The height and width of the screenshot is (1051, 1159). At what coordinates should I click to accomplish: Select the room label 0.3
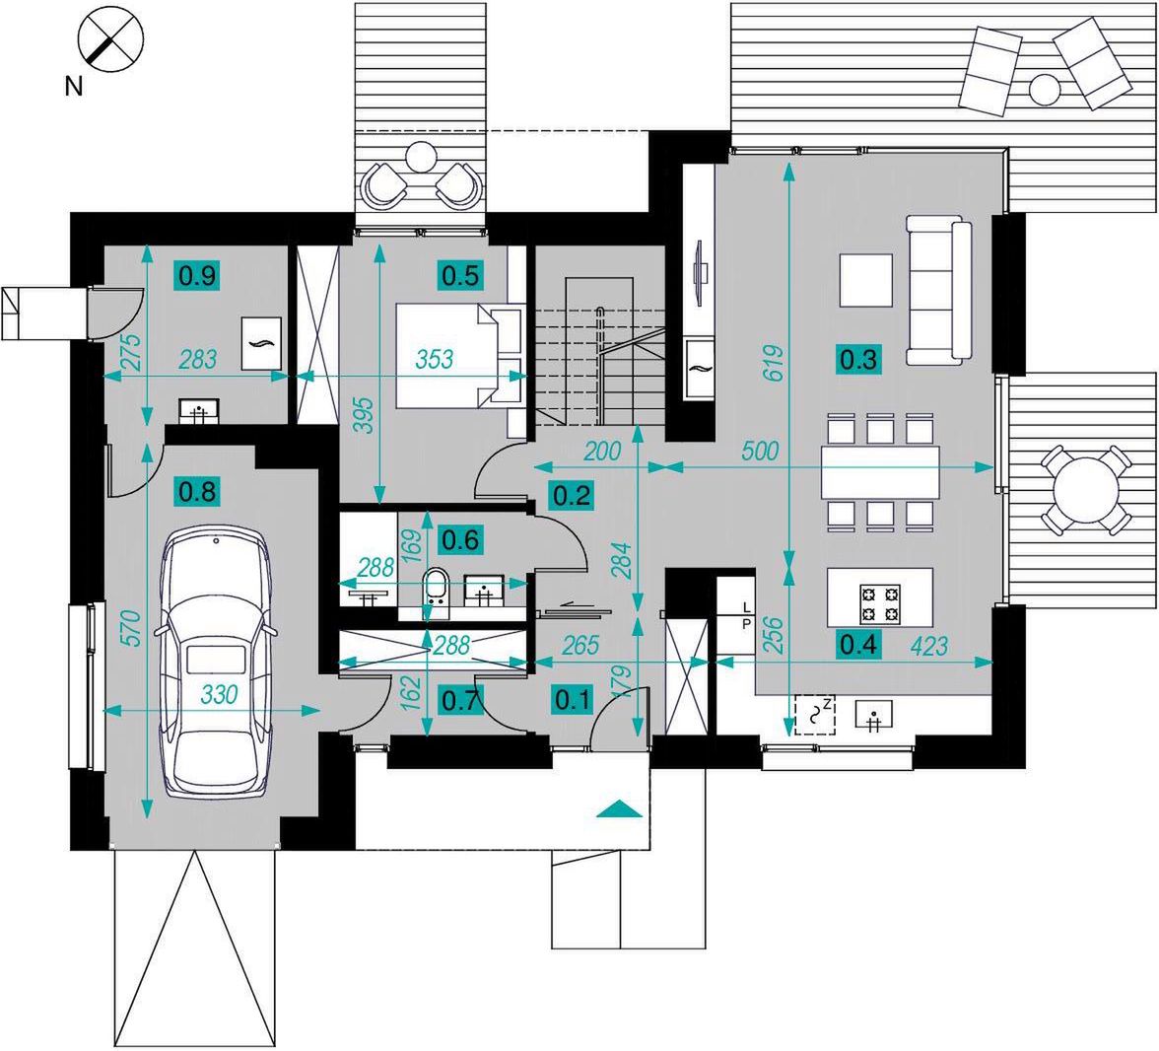coord(860,360)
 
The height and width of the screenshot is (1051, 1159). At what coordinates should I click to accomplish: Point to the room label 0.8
coord(198,491)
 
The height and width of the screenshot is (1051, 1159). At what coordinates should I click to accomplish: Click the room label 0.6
coord(460,540)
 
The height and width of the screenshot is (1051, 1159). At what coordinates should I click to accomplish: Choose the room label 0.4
coord(859,645)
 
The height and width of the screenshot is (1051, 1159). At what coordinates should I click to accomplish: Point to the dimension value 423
coord(929,646)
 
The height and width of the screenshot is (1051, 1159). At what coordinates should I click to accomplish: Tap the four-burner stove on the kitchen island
coord(879,603)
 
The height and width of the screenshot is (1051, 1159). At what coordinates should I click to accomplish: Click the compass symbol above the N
coord(110,39)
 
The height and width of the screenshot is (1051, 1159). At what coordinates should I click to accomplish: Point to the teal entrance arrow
coord(618,809)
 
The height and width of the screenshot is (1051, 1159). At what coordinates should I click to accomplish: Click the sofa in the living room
coord(938,291)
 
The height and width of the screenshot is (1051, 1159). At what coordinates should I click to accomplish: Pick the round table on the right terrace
coord(1086,490)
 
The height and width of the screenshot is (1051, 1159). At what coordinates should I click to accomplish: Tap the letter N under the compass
coord(74,87)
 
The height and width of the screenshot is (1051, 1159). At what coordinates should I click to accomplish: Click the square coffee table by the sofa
coord(866,280)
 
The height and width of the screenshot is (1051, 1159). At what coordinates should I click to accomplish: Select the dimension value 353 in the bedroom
coord(434,360)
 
